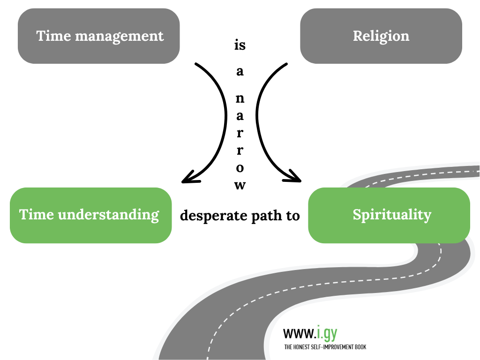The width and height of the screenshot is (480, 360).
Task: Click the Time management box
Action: point(99,36)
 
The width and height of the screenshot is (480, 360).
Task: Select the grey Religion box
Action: point(381,36)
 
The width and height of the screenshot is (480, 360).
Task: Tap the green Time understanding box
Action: point(90,215)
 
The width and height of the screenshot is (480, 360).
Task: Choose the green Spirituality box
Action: point(389,215)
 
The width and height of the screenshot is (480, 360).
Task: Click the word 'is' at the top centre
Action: point(240,46)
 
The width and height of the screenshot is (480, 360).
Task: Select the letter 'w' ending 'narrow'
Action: point(240,186)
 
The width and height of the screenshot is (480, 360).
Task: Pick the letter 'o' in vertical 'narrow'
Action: point(240,167)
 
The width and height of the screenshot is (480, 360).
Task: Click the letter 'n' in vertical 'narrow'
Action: point(240,98)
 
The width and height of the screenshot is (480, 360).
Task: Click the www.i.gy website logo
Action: point(310,333)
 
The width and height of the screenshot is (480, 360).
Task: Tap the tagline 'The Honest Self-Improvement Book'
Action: point(325,347)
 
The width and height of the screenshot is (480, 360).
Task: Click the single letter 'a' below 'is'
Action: point(240,72)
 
